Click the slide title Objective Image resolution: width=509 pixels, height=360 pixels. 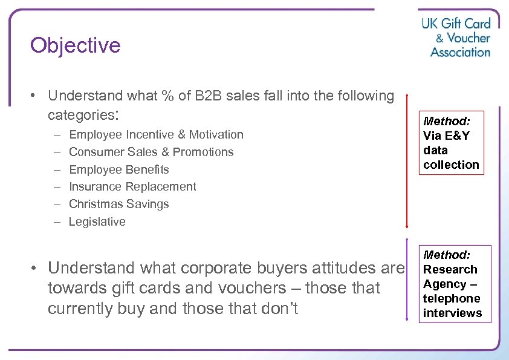[76, 45]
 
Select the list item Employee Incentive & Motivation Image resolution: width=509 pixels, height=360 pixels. [156, 134]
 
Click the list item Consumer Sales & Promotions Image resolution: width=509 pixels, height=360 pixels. [151, 152]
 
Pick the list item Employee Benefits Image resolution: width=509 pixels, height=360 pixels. [119, 169]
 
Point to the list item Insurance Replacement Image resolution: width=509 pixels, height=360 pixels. [132, 186]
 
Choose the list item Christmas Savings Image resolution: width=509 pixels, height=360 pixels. [119, 204]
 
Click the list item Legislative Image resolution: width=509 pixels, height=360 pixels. [97, 221]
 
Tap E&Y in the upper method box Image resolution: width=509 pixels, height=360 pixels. [455, 136]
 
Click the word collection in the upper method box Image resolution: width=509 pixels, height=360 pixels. [451, 165]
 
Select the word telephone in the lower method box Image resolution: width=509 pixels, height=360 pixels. [452, 298]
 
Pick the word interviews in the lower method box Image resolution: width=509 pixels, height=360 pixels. [453, 313]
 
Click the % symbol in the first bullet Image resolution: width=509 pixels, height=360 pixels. [167, 96]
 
